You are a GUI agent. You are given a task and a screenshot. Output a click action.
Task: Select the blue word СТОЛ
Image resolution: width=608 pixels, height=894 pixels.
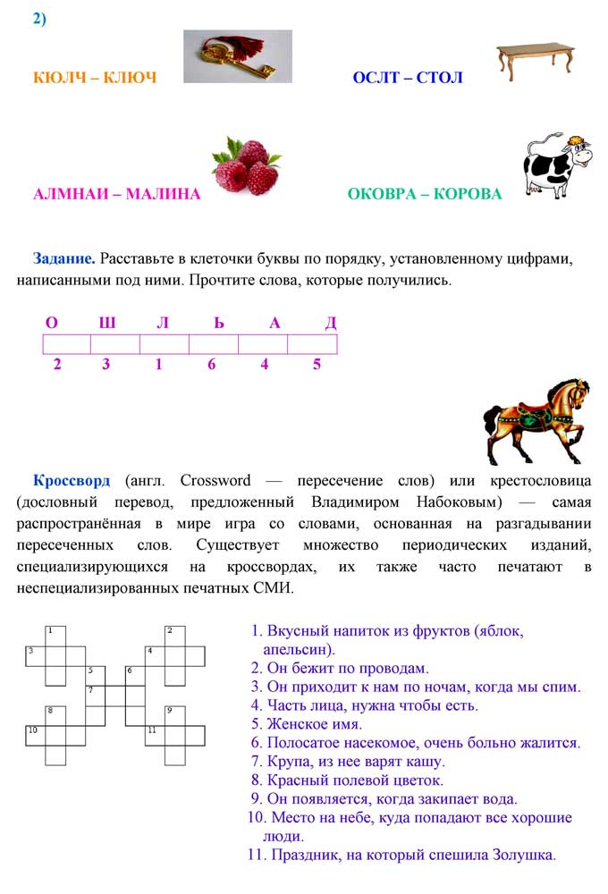click(x=440, y=78)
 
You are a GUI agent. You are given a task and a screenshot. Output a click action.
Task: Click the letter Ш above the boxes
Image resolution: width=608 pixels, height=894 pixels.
click(x=107, y=323)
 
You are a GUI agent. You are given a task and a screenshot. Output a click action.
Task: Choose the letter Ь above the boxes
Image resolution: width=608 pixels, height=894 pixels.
click(x=219, y=323)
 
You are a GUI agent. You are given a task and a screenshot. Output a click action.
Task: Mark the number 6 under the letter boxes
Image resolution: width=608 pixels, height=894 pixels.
click(x=212, y=365)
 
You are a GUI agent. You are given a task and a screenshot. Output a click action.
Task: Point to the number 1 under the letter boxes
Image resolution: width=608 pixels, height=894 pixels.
click(x=159, y=365)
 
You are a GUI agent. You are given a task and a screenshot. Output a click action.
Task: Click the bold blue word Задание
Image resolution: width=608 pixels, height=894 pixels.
click(x=64, y=259)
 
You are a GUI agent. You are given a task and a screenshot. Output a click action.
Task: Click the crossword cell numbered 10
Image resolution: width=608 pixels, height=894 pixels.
click(x=35, y=736)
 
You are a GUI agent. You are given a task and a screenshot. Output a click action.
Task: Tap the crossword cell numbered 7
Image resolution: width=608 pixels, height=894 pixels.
click(x=96, y=696)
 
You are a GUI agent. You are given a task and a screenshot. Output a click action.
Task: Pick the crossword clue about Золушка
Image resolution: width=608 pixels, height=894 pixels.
click(x=401, y=855)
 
